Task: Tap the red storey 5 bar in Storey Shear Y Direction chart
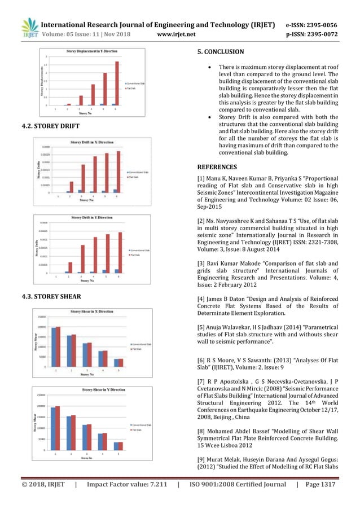119,446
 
